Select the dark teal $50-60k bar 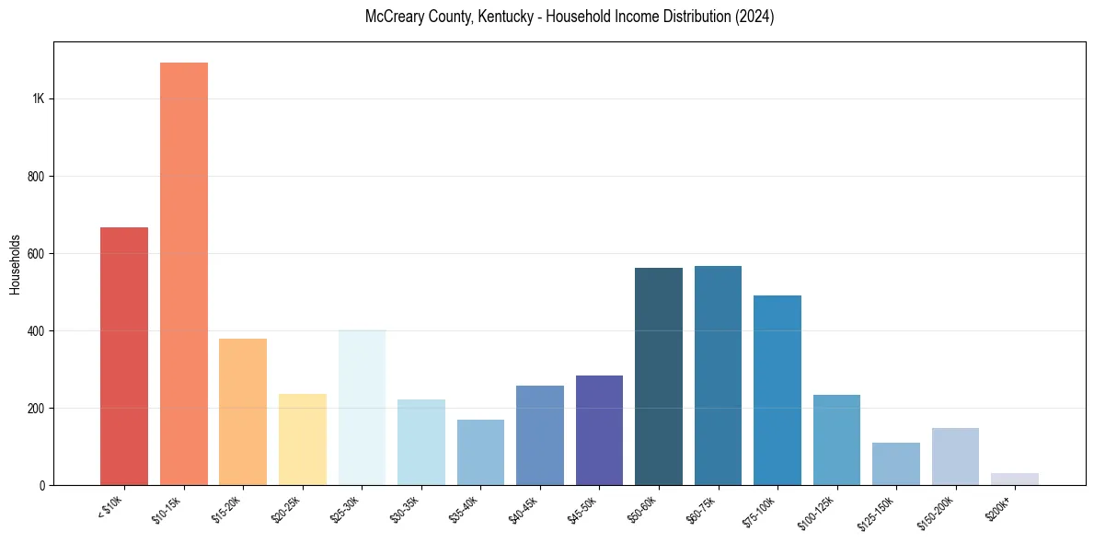pyautogui.click(x=659, y=376)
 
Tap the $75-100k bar pyautogui.click(x=777, y=390)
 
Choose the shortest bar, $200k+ pyautogui.click(x=1015, y=479)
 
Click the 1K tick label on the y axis pyautogui.click(x=38, y=99)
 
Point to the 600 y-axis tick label pyautogui.click(x=36, y=254)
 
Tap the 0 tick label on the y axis pyautogui.click(x=41, y=485)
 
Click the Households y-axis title pyautogui.click(x=15, y=263)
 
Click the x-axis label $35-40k pyautogui.click(x=466, y=508)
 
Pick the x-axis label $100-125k pyautogui.click(x=821, y=511)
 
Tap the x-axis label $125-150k pyautogui.click(x=880, y=511)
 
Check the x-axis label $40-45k pyautogui.click(x=526, y=508)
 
